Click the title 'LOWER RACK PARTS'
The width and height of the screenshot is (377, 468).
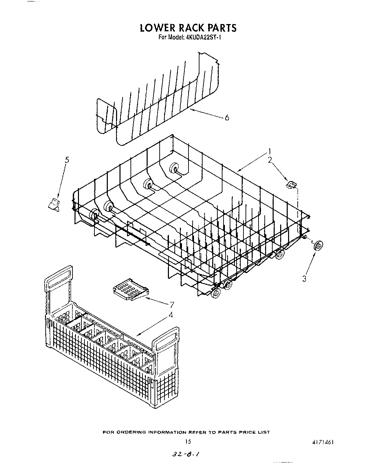pyautogui.click(x=188, y=28)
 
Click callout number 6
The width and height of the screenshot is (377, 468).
pyautogui.click(x=227, y=118)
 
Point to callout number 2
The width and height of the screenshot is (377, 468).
pyautogui.click(x=270, y=160)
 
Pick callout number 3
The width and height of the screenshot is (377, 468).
pyautogui.click(x=304, y=279)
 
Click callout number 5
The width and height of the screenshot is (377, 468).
pyautogui.click(x=67, y=160)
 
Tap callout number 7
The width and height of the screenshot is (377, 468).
pyautogui.click(x=172, y=304)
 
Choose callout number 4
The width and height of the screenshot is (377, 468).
pyautogui.click(x=171, y=314)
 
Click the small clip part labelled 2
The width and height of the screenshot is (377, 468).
pyautogui.click(x=291, y=185)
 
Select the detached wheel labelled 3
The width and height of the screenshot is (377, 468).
pyautogui.click(x=318, y=246)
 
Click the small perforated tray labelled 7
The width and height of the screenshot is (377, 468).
pyautogui.click(x=130, y=289)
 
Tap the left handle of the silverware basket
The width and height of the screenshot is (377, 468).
pyautogui.click(x=59, y=279)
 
